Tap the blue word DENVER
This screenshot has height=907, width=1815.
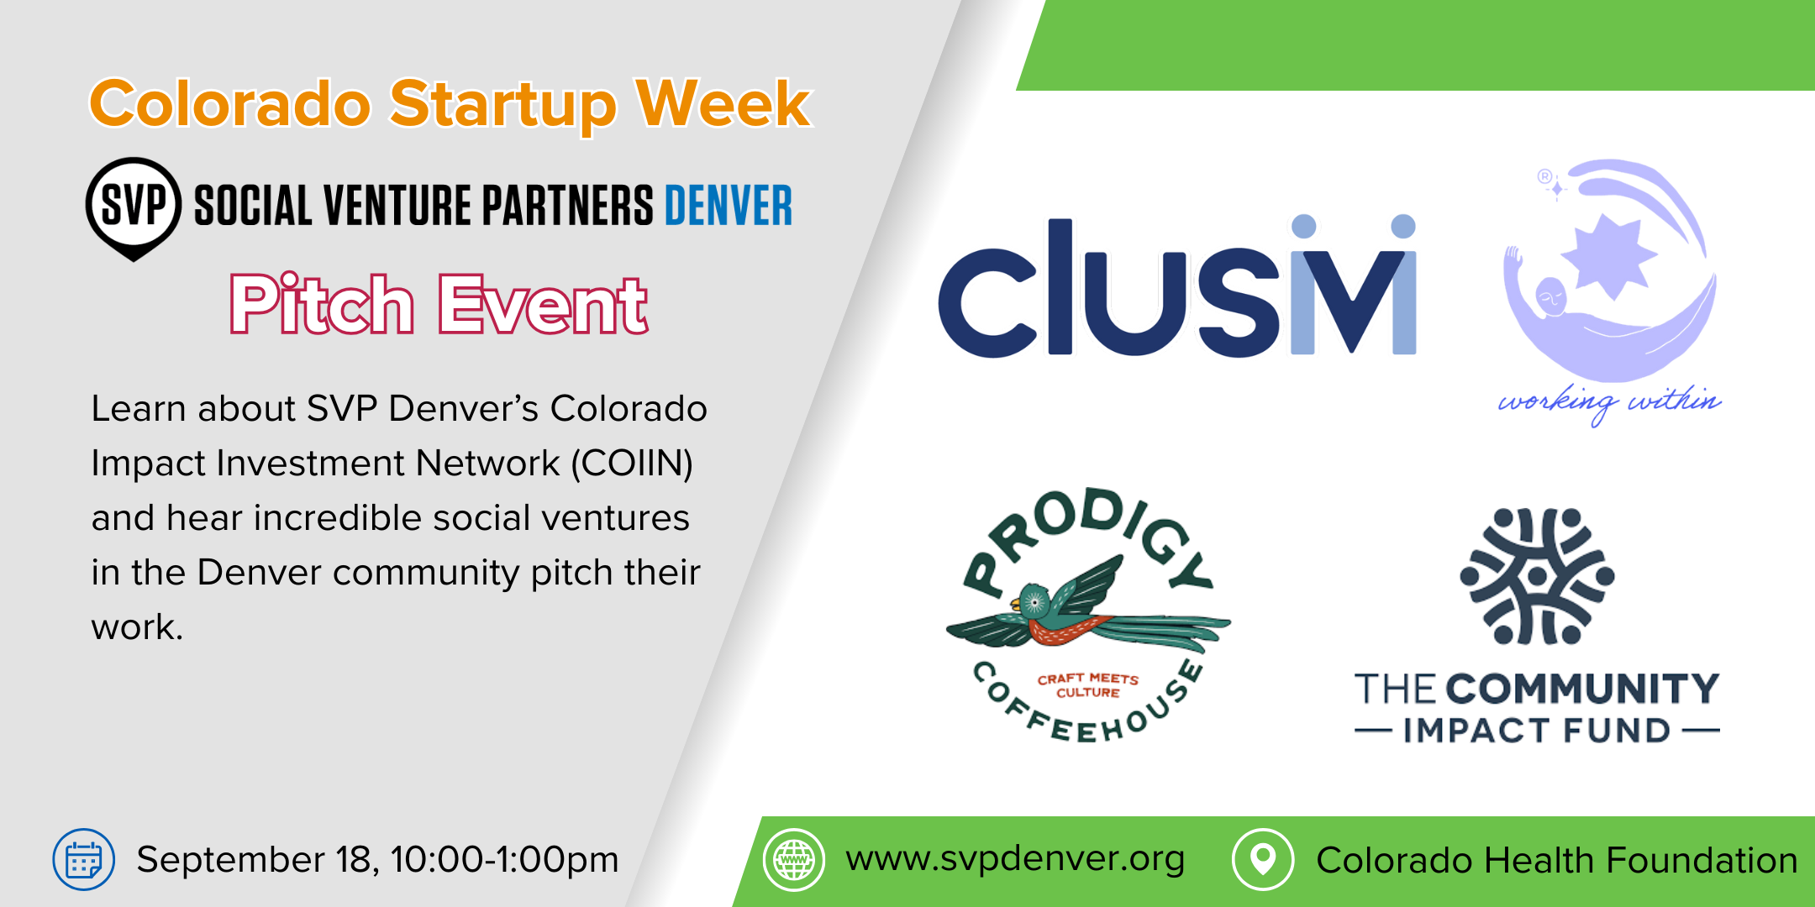click(x=729, y=206)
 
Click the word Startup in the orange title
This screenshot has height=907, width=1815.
click(x=502, y=105)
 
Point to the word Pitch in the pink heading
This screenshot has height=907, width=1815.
click(x=323, y=303)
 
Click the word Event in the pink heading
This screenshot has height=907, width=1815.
click(x=543, y=305)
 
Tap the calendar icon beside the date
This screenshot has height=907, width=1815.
click(x=83, y=859)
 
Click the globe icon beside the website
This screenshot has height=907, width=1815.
click(x=794, y=859)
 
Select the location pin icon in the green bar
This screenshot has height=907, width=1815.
click(x=1263, y=859)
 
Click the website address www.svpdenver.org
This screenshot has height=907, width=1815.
click(x=1016, y=859)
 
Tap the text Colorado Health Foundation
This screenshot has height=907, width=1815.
click(x=1557, y=860)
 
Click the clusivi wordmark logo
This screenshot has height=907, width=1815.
click(x=1177, y=286)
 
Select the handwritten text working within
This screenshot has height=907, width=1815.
click(x=1610, y=403)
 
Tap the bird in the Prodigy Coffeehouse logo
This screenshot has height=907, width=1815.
click(x=1088, y=609)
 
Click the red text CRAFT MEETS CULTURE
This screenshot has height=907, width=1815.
click(x=1088, y=685)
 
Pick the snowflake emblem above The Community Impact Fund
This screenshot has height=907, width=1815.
click(x=1537, y=576)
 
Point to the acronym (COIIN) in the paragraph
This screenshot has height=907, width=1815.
click(x=632, y=464)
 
